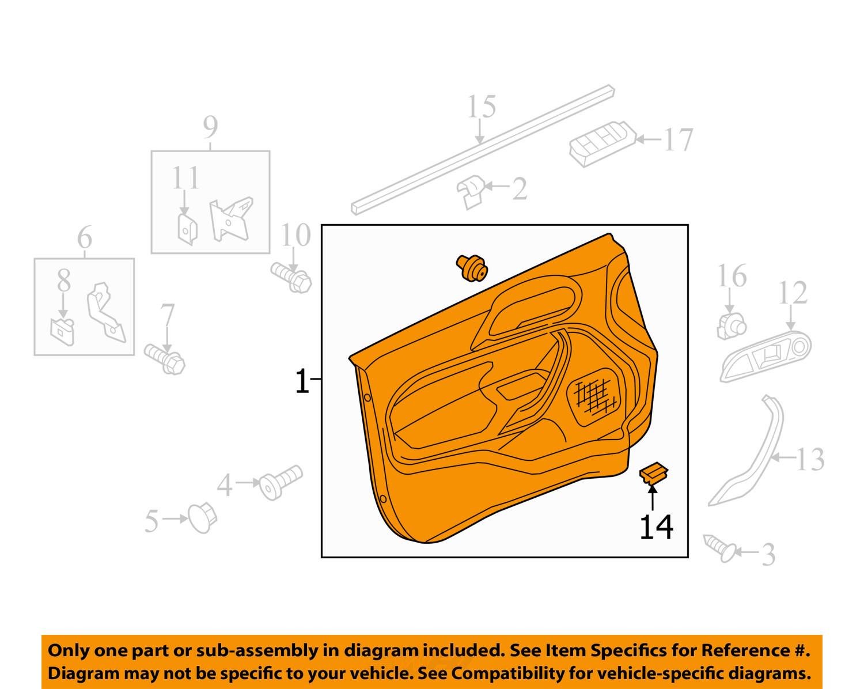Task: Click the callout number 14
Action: pyautogui.click(x=657, y=527)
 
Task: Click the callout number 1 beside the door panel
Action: pyautogui.click(x=302, y=381)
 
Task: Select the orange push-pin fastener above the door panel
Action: pyautogui.click(x=472, y=268)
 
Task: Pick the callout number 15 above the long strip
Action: pyautogui.click(x=482, y=107)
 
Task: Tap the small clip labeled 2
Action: pyautogui.click(x=471, y=192)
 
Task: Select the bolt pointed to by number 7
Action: pyautogui.click(x=165, y=359)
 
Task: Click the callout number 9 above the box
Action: pyautogui.click(x=210, y=127)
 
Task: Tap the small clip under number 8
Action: pyautogui.click(x=63, y=332)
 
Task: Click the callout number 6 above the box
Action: pyautogui.click(x=84, y=237)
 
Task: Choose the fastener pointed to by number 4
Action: pyautogui.click(x=281, y=482)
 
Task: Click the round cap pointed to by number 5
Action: pyautogui.click(x=202, y=518)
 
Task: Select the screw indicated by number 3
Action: pyautogui.click(x=720, y=548)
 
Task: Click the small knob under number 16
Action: pyautogui.click(x=731, y=326)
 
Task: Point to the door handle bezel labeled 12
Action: pyautogui.click(x=766, y=356)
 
